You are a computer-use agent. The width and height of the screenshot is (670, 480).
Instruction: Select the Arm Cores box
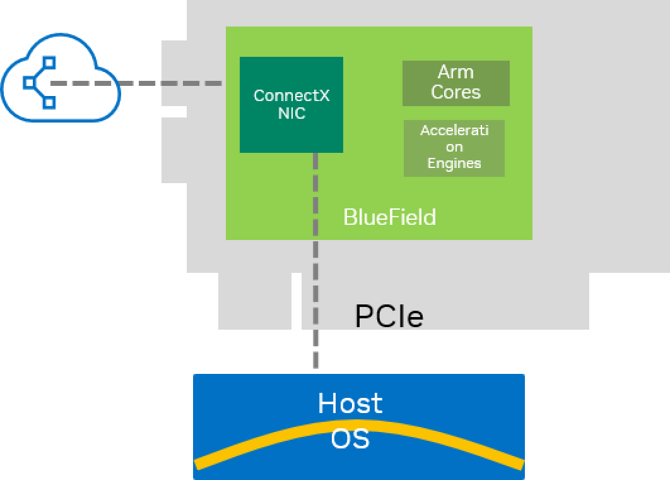pos(455,83)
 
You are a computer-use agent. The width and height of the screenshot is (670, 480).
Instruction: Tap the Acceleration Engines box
pos(454,148)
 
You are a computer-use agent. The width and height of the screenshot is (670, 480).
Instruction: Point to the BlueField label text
pos(389,217)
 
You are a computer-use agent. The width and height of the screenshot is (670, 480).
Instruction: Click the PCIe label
pos(389,316)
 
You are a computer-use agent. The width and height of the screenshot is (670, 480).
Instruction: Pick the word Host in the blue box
pos(350,403)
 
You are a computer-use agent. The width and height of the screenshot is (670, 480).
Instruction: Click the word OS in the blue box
pos(350,438)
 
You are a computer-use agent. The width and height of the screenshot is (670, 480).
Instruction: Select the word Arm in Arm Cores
pos(455,72)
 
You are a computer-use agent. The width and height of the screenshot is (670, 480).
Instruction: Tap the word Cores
pos(455,92)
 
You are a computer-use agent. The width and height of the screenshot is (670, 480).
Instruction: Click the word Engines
pos(454,163)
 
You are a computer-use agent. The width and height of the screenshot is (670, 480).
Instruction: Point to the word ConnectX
pos(291,95)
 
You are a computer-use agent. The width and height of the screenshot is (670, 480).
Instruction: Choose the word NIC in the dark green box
pos(291,114)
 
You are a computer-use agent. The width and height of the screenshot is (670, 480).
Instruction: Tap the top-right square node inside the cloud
pos(49,63)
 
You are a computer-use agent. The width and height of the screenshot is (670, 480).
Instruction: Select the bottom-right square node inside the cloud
pos(49,102)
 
